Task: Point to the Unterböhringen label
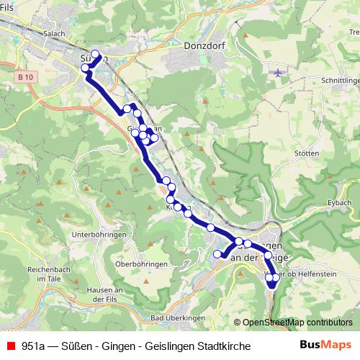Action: pos(99,235)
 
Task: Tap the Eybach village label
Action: pos(338,204)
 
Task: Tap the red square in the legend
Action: pos(9,346)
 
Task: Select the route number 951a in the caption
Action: pos(34,346)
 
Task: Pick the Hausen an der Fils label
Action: pos(105,294)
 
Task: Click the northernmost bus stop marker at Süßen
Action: pos(95,53)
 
